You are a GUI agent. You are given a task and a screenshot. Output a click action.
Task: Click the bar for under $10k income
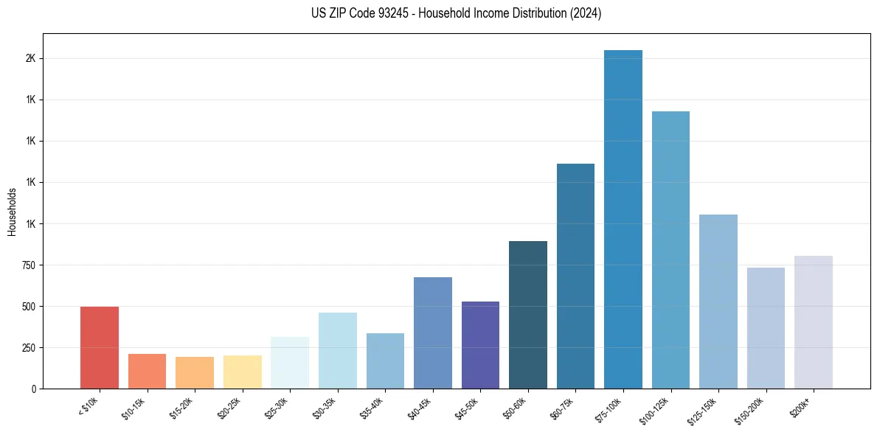(x=100, y=347)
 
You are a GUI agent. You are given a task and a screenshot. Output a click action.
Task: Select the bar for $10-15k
(x=147, y=371)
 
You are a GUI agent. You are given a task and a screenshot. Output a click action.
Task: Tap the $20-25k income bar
(x=243, y=372)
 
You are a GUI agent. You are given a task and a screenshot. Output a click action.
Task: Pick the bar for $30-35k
(x=338, y=350)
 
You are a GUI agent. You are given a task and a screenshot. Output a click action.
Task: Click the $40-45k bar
(x=433, y=333)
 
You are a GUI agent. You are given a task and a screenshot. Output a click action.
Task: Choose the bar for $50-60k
(x=528, y=315)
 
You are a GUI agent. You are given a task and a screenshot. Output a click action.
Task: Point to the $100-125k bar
(x=670, y=250)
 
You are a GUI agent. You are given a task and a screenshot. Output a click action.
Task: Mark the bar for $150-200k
(x=766, y=328)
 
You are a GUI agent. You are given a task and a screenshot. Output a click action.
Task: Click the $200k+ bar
(x=814, y=322)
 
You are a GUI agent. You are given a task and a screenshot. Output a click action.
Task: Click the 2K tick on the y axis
(x=31, y=58)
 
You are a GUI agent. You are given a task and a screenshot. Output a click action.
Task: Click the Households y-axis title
(x=12, y=212)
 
